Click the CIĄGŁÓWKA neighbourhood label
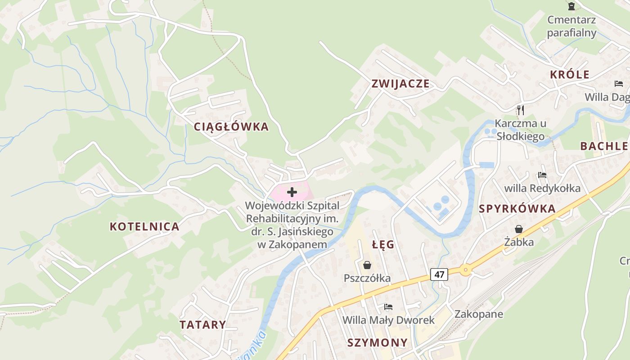point(231,127)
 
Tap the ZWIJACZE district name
point(400,84)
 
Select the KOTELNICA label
point(144,226)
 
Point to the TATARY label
point(202,324)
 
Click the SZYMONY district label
point(377,342)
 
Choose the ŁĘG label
point(383,245)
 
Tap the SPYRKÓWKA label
point(517,209)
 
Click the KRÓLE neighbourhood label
point(569,75)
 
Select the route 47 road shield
point(439,274)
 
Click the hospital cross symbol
point(292,192)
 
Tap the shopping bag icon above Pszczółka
point(367,265)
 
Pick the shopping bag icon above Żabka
point(519,229)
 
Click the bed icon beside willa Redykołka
point(542,175)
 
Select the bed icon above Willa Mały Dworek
point(388,307)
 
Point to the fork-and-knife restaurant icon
point(520,110)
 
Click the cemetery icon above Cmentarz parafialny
point(571,6)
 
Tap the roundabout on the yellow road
point(465,270)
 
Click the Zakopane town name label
point(478,314)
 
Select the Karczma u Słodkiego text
point(520,130)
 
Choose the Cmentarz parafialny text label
point(571,26)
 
